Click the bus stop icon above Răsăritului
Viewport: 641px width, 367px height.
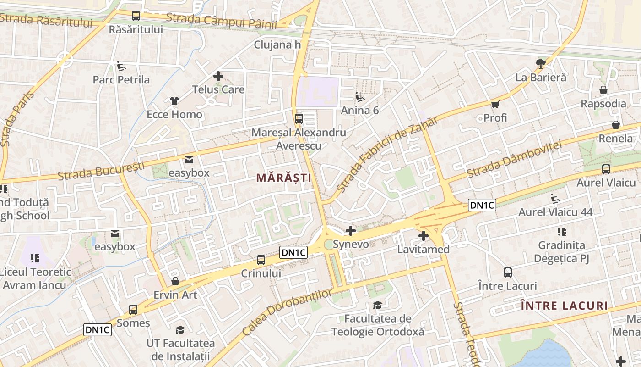[x=136, y=16]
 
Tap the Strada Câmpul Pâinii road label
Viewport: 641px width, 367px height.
[x=221, y=21]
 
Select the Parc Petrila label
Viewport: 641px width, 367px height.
[x=121, y=80]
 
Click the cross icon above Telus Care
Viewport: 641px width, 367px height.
[x=218, y=76]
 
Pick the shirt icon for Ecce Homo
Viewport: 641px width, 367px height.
[x=174, y=100]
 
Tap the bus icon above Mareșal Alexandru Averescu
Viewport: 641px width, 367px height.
[x=299, y=118]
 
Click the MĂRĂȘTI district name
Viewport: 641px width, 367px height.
[x=284, y=178]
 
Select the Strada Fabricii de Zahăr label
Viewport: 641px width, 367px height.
[x=387, y=154]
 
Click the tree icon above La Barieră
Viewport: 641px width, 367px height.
[x=541, y=63]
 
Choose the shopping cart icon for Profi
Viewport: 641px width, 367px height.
[x=495, y=104]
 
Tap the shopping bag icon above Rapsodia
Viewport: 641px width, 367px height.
[x=603, y=90]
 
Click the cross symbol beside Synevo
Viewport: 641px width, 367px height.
[x=351, y=231]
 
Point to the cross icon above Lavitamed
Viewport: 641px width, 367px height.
[x=424, y=236]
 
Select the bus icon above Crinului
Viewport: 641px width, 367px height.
[x=261, y=260]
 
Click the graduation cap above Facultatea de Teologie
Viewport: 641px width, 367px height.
[x=378, y=305]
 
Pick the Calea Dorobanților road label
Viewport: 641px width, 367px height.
[x=287, y=312]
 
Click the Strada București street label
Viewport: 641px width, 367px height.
[x=101, y=171]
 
